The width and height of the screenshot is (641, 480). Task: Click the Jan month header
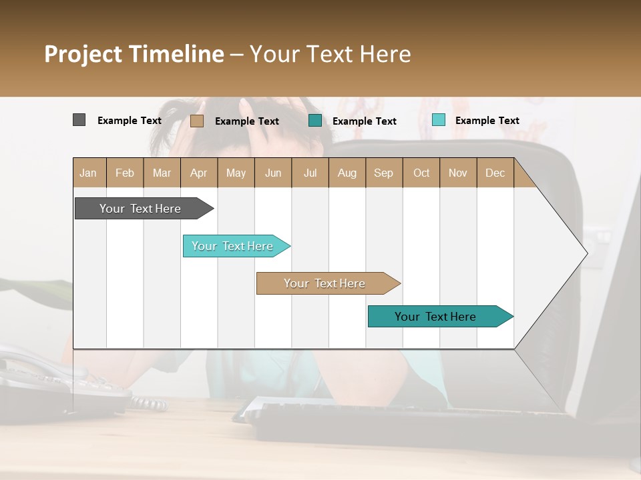coord(89,173)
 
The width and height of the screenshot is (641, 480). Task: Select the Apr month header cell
coord(199,173)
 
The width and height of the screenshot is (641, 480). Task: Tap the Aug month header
coord(347,173)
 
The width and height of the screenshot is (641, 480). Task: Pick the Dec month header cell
coord(495,173)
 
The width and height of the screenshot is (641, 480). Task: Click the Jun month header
coord(273,173)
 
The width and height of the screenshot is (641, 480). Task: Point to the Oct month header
coord(421,173)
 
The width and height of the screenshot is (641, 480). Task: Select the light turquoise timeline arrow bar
coord(234,246)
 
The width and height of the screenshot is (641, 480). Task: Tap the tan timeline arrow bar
coord(326,283)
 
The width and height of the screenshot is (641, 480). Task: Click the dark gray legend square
coord(79,120)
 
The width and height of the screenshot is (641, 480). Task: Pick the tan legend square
coord(197,121)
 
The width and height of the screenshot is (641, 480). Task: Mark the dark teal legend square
coord(315,121)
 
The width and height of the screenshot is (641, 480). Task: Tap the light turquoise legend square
coord(439,120)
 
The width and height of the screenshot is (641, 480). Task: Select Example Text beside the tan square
coord(247,121)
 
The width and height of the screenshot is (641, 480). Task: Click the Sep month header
coord(384,173)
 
